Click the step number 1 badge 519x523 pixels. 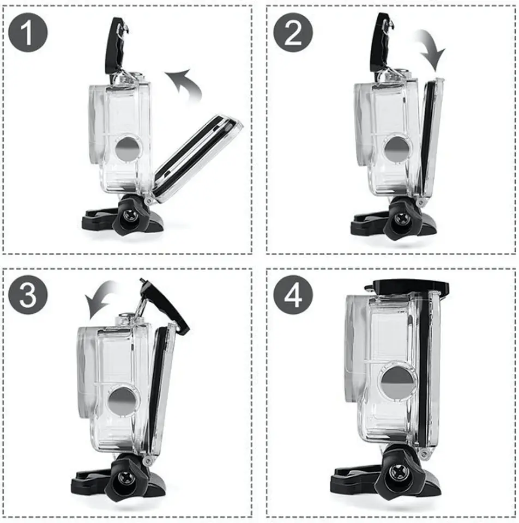28,32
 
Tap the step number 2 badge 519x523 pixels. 293,32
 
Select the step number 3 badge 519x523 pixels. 28,295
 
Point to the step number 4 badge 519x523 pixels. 293,295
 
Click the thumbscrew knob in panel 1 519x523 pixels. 129,217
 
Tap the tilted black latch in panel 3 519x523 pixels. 165,306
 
